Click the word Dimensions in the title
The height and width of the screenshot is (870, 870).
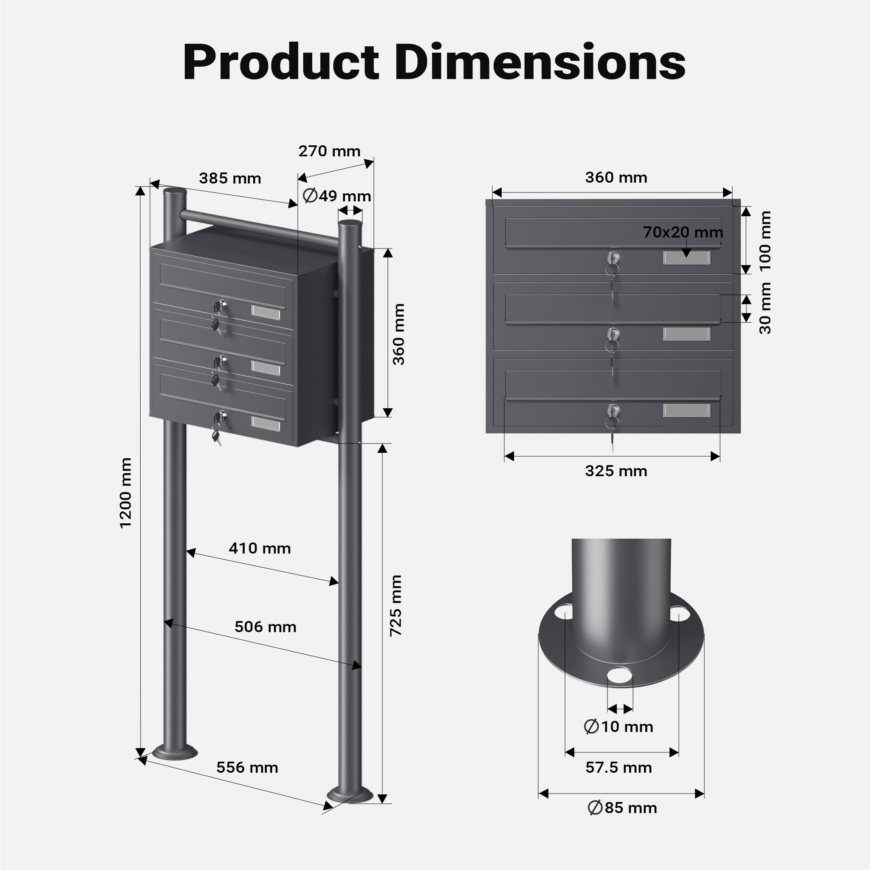pyautogui.click(x=540, y=62)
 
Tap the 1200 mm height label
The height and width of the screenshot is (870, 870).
pyautogui.click(x=126, y=493)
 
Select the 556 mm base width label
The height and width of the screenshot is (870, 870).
pyautogui.click(x=247, y=767)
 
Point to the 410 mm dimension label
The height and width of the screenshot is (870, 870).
pyautogui.click(x=260, y=548)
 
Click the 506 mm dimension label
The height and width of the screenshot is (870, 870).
pyautogui.click(x=265, y=627)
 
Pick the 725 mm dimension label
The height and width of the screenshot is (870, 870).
pyautogui.click(x=396, y=605)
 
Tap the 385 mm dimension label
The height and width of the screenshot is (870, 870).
pyautogui.click(x=230, y=178)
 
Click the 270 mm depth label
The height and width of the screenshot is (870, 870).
pyautogui.click(x=330, y=151)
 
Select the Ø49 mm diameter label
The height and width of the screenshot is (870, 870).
pyautogui.click(x=337, y=196)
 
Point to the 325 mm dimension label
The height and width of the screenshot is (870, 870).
pyautogui.click(x=616, y=471)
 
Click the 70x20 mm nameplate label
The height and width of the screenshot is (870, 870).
pyautogui.click(x=683, y=232)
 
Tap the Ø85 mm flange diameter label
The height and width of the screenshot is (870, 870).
pyautogui.click(x=622, y=820)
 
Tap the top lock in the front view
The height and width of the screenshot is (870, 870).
pyautogui.click(x=613, y=258)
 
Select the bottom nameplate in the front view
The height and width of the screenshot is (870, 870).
pyautogui.click(x=687, y=410)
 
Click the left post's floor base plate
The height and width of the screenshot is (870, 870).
pyautogui.click(x=175, y=751)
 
